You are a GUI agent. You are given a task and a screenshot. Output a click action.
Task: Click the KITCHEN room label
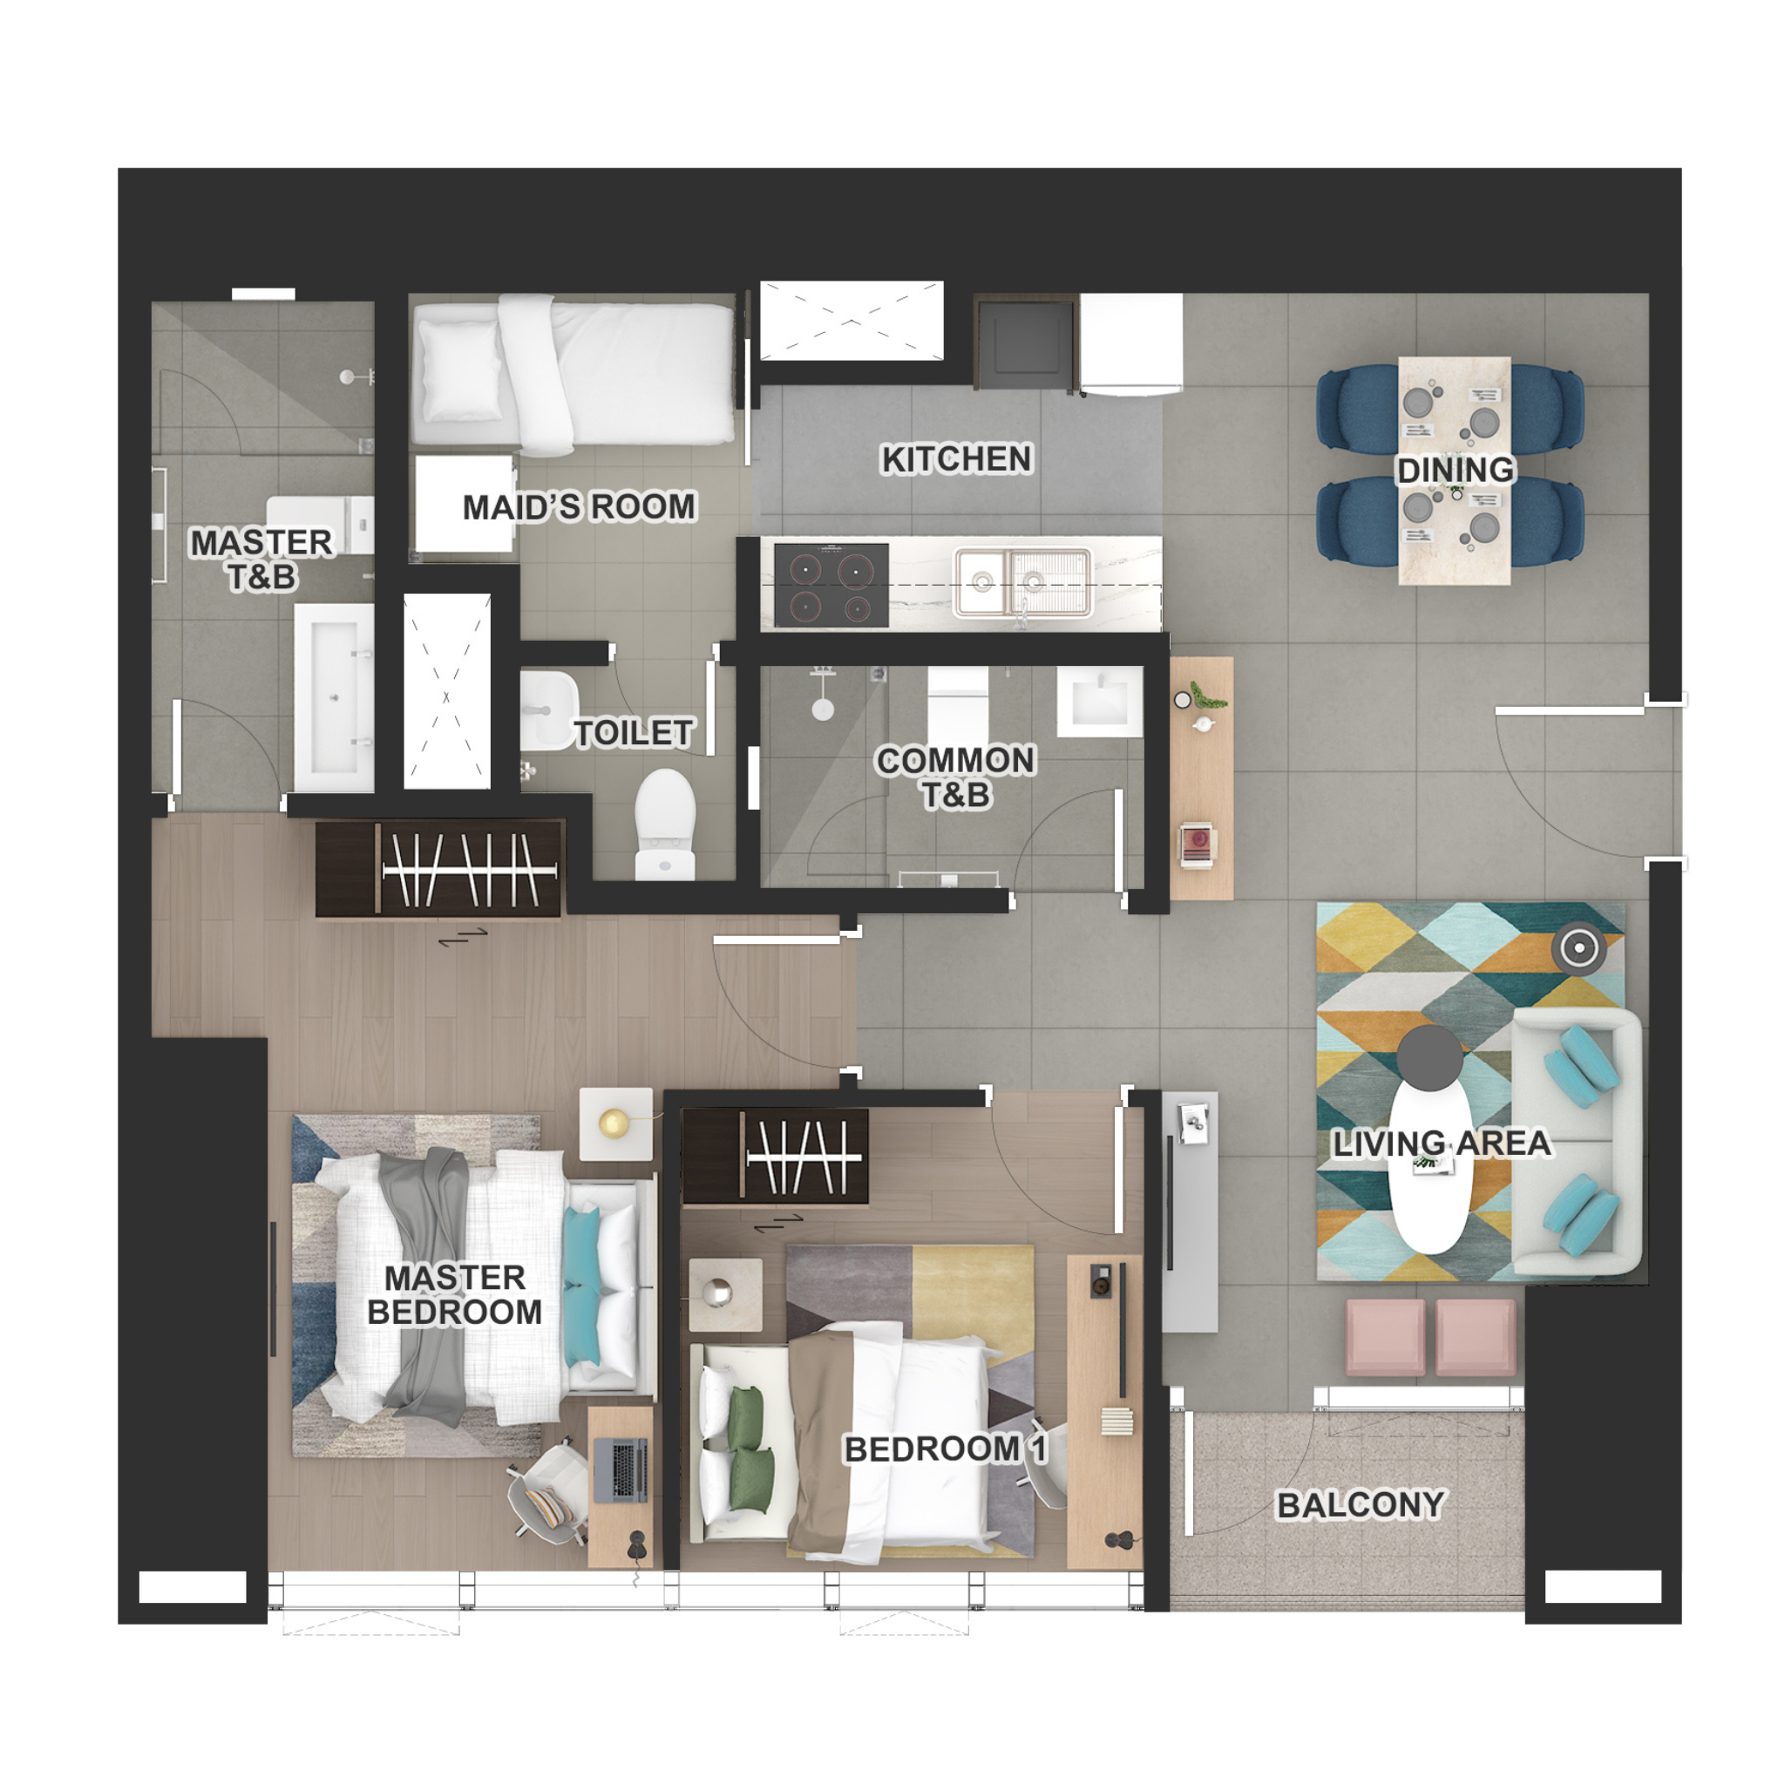point(956,459)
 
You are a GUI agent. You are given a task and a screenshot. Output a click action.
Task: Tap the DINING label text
point(1456,471)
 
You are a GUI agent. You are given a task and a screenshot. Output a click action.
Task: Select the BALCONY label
point(1361,1505)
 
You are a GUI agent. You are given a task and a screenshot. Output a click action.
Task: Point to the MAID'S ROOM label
point(580,506)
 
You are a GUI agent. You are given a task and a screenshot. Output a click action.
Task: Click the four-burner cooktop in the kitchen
point(831,585)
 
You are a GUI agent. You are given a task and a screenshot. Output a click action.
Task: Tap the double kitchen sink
point(1022,582)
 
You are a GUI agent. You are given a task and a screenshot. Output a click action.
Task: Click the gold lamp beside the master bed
point(614,1123)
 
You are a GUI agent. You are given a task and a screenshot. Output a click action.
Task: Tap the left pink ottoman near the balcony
point(1386,1338)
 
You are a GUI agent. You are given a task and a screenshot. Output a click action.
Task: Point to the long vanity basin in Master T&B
point(334,697)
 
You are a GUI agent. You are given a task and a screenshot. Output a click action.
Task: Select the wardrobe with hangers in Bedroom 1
point(775,1157)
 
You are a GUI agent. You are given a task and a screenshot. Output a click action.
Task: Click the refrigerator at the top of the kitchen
point(1132,344)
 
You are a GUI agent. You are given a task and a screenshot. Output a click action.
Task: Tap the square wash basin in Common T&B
point(1099,702)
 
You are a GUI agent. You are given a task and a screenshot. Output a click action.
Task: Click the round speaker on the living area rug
point(1579,949)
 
